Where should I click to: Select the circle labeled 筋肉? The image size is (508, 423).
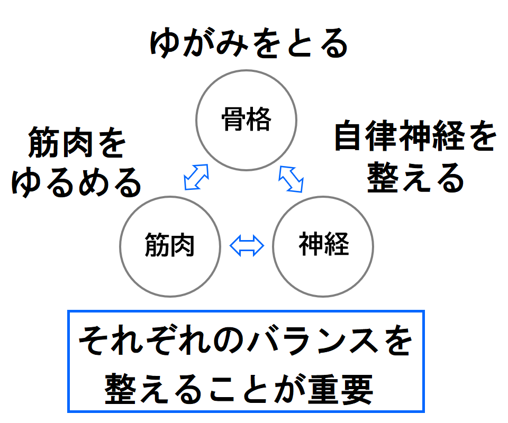click(170, 246)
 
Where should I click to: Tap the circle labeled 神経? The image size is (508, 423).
click(323, 246)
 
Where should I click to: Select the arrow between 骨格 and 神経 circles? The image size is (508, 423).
click(292, 178)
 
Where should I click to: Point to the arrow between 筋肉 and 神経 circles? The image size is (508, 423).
click(247, 245)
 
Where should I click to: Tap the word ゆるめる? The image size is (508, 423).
click(77, 182)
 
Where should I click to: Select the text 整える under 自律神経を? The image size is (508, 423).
click(415, 178)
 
